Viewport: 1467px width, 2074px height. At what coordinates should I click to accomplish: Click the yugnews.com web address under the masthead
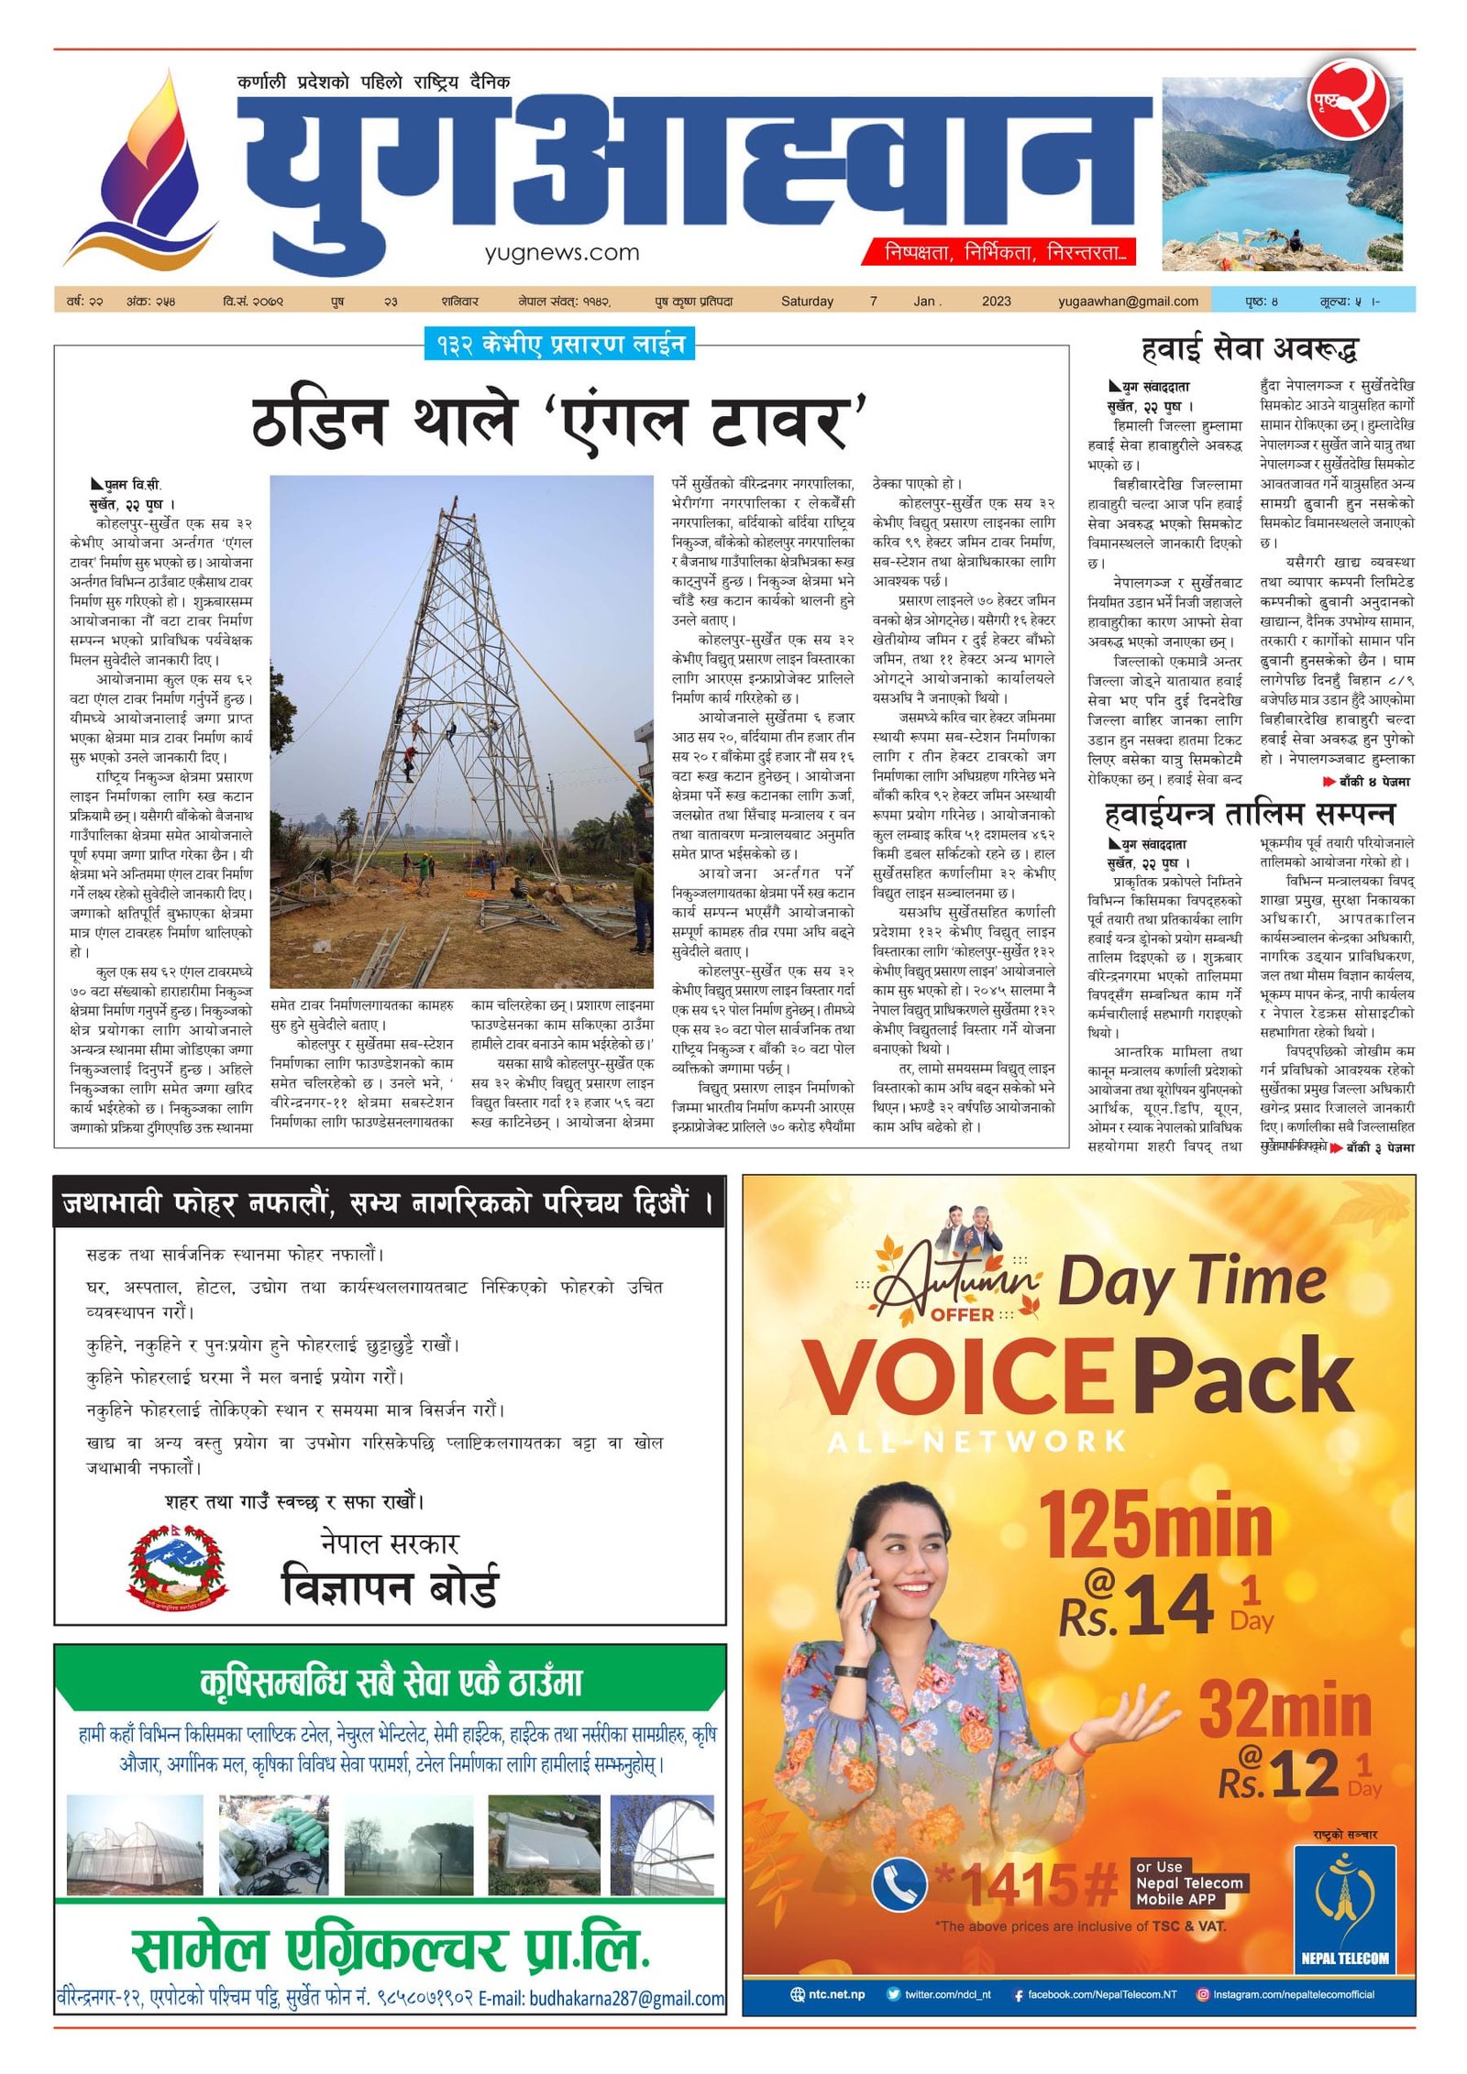click(562, 253)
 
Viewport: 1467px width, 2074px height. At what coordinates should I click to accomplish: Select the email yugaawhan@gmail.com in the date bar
click(1128, 301)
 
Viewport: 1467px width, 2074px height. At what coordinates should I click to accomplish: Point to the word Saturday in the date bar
click(807, 301)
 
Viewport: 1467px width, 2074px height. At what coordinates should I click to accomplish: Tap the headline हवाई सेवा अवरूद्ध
click(1249, 348)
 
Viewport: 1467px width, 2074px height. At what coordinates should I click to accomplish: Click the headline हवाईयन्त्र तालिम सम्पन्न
click(1249, 814)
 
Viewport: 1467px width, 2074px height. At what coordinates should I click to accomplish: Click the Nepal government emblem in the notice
click(178, 1566)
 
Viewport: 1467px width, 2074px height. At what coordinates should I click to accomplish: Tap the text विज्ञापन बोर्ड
click(390, 1588)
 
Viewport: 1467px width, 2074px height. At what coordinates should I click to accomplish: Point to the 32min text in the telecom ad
click(1285, 1709)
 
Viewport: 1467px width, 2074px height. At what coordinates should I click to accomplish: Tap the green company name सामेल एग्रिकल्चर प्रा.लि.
click(390, 1949)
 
